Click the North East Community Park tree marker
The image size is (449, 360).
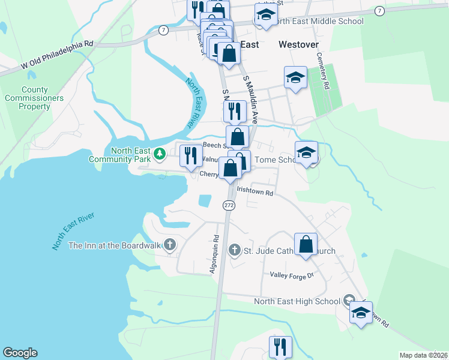click(x=159, y=154)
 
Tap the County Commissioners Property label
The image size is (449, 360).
click(x=34, y=98)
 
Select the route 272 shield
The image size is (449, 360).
click(x=229, y=205)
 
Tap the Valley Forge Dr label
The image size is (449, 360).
click(x=292, y=275)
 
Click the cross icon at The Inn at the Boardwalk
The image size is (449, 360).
click(x=170, y=245)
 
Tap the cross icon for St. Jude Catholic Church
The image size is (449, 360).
click(x=235, y=250)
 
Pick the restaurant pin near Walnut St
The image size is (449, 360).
click(x=191, y=155)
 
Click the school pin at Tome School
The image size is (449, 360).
click(x=306, y=152)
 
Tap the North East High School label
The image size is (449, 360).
click(x=297, y=302)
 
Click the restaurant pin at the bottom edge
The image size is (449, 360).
click(x=280, y=347)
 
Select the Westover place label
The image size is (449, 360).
click(x=298, y=44)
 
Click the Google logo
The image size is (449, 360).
click(x=20, y=353)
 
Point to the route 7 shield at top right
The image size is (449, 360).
click(x=379, y=11)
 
